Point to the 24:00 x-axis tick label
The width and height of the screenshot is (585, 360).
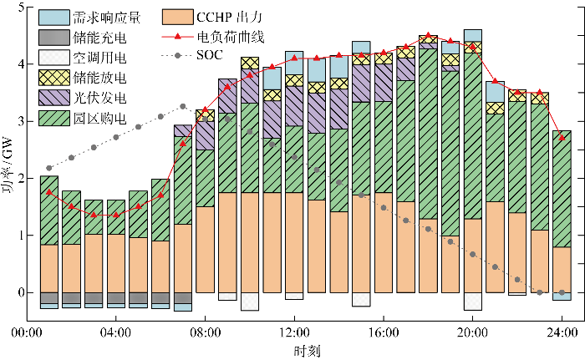pyautogui.click(x=562, y=332)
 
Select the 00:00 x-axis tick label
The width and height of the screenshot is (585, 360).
pyautogui.click(x=27, y=332)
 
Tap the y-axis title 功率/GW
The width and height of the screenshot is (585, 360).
pyautogui.click(x=8, y=164)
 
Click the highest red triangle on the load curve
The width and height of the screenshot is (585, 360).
pyautogui.click(x=428, y=37)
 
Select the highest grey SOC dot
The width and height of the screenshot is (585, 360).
pyautogui.click(x=183, y=106)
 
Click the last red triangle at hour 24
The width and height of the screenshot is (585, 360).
pyautogui.click(x=562, y=138)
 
